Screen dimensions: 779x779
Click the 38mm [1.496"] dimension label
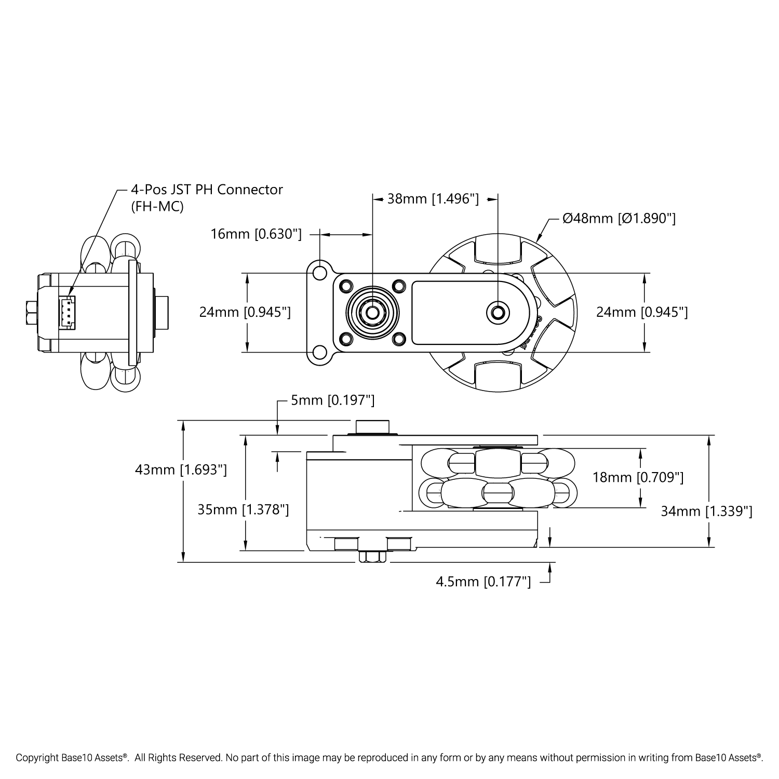coord(433,198)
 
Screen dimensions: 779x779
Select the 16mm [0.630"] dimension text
coord(256,234)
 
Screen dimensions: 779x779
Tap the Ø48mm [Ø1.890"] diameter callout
coord(619,219)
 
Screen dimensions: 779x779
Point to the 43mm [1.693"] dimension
coord(181,469)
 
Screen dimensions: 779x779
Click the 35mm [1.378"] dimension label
coord(243,510)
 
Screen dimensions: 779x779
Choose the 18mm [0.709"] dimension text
coord(638,477)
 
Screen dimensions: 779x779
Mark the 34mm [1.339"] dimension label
coord(706,512)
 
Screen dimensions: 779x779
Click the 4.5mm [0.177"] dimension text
coord(483,582)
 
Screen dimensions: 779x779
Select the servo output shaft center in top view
coord(372,312)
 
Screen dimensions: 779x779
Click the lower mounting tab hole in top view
coord(319,353)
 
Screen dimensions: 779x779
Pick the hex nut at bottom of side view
coord(372,557)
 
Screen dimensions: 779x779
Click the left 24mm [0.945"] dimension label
coord(245,312)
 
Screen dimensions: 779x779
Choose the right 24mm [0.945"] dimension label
coord(642,312)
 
